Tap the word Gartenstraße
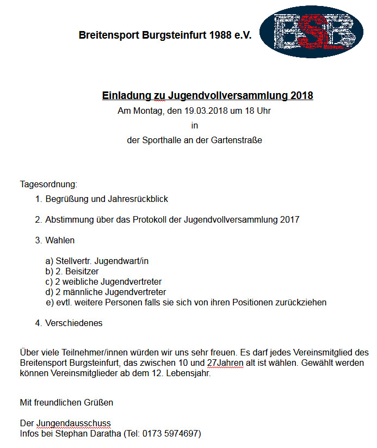coord(238,140)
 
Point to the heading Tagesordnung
coord(48,184)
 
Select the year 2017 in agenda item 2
coord(289,220)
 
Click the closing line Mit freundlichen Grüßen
coord(66,403)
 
